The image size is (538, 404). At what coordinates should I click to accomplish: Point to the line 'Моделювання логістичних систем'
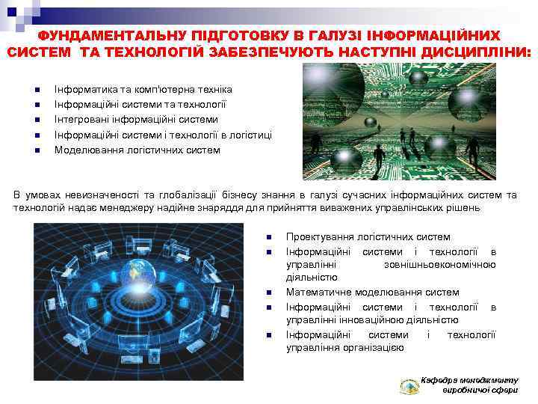(137, 150)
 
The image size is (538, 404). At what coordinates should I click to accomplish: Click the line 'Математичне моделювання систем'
(372, 292)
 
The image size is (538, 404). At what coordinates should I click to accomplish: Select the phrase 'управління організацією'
(344, 347)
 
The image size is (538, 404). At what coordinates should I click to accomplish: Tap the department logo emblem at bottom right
(409, 386)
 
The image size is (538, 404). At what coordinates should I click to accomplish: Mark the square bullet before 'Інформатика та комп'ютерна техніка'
(35, 90)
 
